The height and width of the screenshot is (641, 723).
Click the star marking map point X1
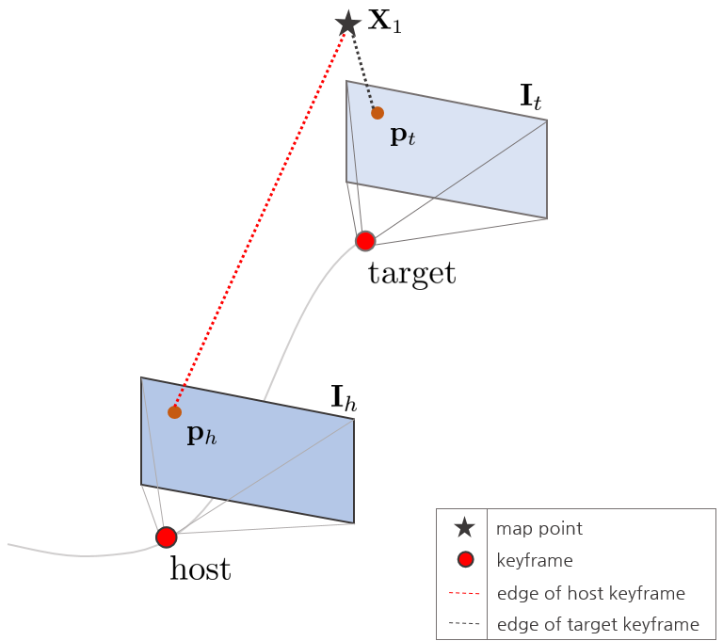(348, 23)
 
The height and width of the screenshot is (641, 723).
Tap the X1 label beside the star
(384, 23)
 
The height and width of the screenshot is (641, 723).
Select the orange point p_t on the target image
(378, 113)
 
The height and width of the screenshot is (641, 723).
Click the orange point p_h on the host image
(174, 411)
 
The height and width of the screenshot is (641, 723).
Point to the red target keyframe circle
(365, 241)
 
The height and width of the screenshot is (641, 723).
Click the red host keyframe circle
(167, 537)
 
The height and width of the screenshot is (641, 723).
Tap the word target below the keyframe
(411, 274)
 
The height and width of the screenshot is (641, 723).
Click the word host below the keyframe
(200, 569)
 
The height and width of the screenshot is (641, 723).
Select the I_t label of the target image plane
(531, 97)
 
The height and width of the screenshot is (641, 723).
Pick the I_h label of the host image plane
(344, 399)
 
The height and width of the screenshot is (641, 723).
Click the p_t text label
(402, 137)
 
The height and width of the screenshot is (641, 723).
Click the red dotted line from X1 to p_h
(262, 216)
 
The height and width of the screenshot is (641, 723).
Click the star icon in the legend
(465, 529)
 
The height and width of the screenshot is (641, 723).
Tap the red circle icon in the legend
(465, 561)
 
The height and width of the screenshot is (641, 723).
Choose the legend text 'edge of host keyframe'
(590, 593)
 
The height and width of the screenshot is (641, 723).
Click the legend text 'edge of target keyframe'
(598, 624)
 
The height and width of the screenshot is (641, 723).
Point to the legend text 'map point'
(539, 529)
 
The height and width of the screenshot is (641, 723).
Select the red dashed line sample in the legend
(465, 593)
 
